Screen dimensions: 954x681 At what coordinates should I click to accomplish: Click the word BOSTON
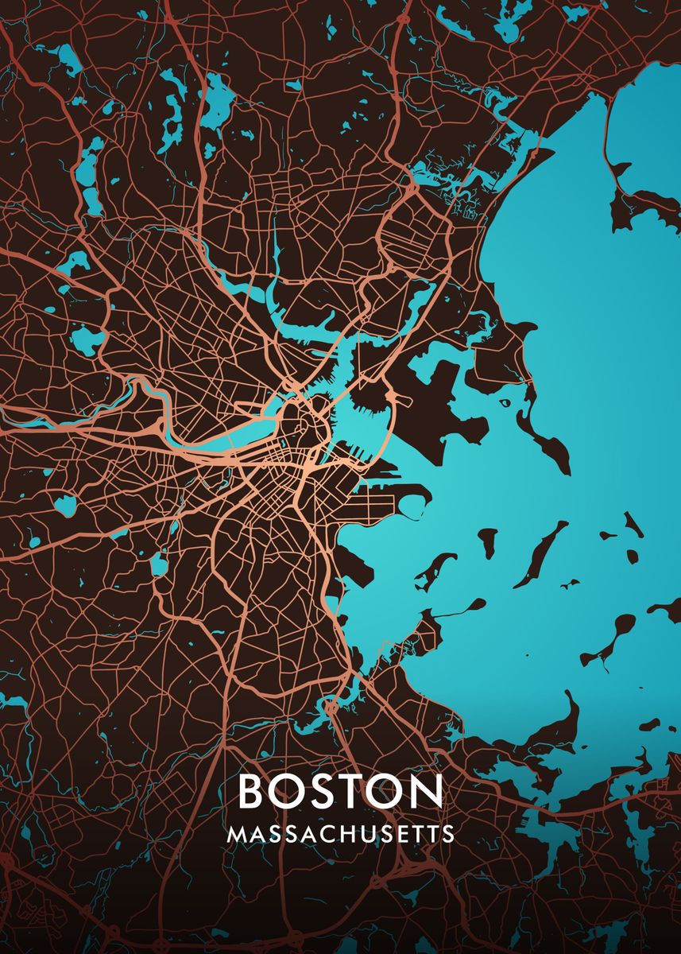[x=340, y=791]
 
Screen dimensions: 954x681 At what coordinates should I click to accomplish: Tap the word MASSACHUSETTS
[x=340, y=834]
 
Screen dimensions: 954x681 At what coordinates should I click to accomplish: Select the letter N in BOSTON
[x=425, y=791]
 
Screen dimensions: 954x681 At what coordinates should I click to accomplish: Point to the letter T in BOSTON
[x=351, y=791]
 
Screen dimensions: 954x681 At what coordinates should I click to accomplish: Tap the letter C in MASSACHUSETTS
[x=326, y=834]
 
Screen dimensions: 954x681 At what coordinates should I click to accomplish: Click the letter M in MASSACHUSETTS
[x=236, y=834]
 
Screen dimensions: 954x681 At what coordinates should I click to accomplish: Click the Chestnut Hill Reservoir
[x=64, y=504]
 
